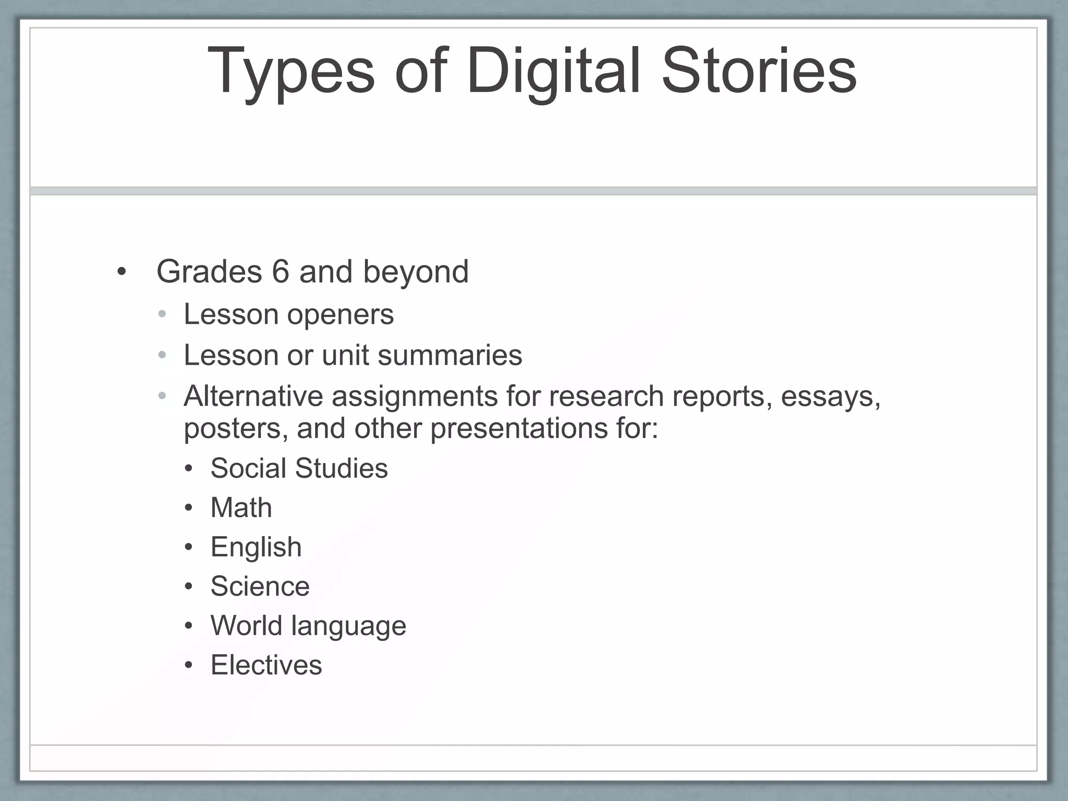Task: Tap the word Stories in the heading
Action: click(x=759, y=71)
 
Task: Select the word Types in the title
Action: click(x=290, y=71)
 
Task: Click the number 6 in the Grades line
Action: click(x=280, y=272)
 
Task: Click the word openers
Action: click(x=340, y=315)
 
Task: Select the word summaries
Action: click(x=450, y=356)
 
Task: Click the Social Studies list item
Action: click(x=299, y=468)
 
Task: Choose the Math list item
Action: click(x=241, y=507)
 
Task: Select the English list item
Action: click(x=256, y=548)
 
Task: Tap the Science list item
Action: click(x=260, y=587)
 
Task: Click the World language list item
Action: click(x=308, y=626)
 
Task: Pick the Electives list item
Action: click(x=266, y=665)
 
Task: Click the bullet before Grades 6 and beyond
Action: click(x=122, y=272)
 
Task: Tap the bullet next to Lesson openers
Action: click(x=162, y=315)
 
